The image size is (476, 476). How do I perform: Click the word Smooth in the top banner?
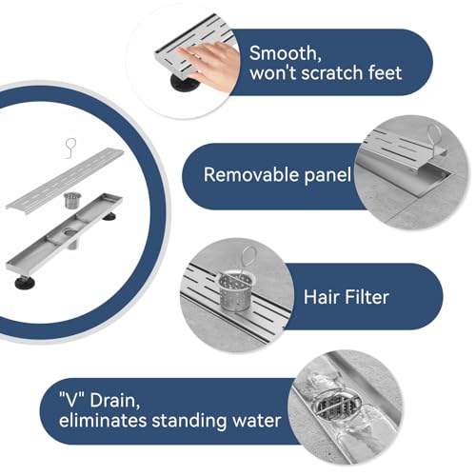click(285, 53)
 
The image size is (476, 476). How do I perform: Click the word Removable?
click(251, 175)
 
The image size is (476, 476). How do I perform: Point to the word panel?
click(327, 175)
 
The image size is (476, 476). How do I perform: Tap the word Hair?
click(322, 297)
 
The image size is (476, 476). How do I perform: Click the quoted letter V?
click(72, 400)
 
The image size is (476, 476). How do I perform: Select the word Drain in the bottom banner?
click(115, 401)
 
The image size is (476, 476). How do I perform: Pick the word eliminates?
click(103, 421)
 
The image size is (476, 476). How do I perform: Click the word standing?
click(189, 422)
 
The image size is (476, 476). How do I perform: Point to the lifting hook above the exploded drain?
click(70, 148)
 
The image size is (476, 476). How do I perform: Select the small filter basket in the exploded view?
click(72, 200)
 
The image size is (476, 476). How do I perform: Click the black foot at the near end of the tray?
click(25, 282)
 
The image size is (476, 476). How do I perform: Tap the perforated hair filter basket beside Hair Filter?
click(235, 290)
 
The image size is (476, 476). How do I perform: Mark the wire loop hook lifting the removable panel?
click(436, 140)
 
